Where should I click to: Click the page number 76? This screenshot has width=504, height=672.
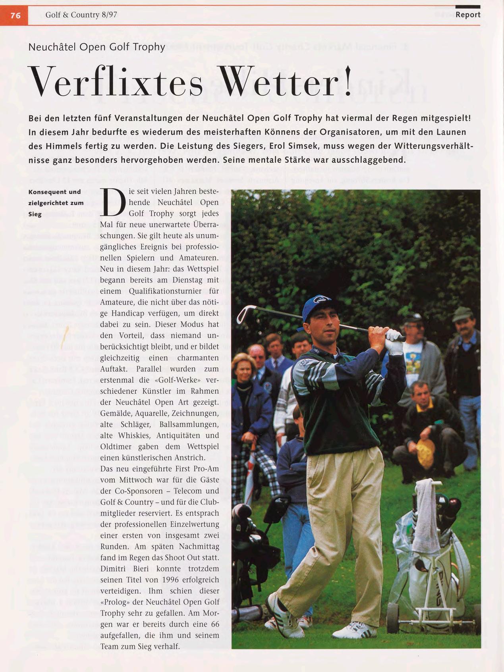point(15,15)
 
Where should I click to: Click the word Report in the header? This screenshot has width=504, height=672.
point(468,15)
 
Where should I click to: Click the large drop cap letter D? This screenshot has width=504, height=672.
point(114,202)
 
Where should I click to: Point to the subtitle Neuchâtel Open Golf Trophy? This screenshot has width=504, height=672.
point(97,47)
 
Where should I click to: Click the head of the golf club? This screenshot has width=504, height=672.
point(243,313)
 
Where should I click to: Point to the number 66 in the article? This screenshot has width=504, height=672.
point(215,624)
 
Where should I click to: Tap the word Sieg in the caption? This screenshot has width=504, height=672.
point(35,214)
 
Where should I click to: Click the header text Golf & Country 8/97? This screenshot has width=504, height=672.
point(81,15)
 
